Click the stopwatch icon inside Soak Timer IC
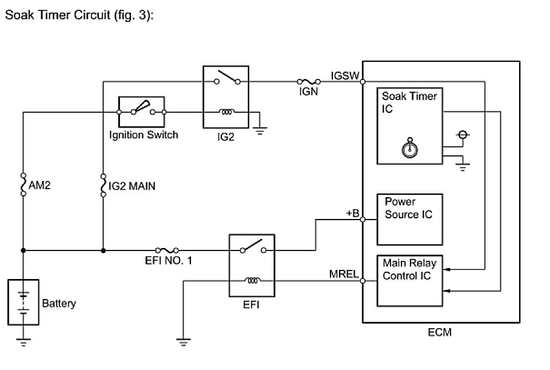pyautogui.click(x=410, y=148)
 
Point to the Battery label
pyautogui.click(x=59, y=303)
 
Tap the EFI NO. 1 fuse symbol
pyautogui.click(x=167, y=250)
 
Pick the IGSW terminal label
pyautogui.click(x=346, y=75)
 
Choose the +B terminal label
pyautogui.click(x=352, y=214)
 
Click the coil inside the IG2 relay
pyautogui.click(x=227, y=112)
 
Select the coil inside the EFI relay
pyautogui.click(x=251, y=280)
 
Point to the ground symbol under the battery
pyautogui.click(x=24, y=341)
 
